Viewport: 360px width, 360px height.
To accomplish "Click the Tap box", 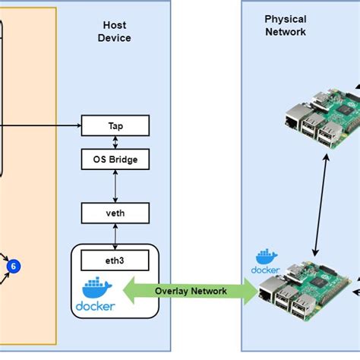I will click(115, 125).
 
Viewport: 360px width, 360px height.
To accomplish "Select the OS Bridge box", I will click(115, 159).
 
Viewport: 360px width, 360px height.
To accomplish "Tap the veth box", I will click(115, 213).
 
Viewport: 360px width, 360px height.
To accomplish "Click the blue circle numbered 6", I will click(13, 266).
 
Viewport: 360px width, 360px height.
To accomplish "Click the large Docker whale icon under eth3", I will click(95, 289).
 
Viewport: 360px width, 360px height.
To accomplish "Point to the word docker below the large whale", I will click(95, 306).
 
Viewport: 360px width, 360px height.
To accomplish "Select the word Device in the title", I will click(114, 38).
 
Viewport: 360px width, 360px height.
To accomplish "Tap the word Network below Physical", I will click(285, 32).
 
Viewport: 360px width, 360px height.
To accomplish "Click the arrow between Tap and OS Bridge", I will click(115, 141).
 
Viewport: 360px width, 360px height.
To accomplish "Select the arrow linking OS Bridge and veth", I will click(115, 186).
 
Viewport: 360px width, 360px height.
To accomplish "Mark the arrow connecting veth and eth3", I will click(115, 235).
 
